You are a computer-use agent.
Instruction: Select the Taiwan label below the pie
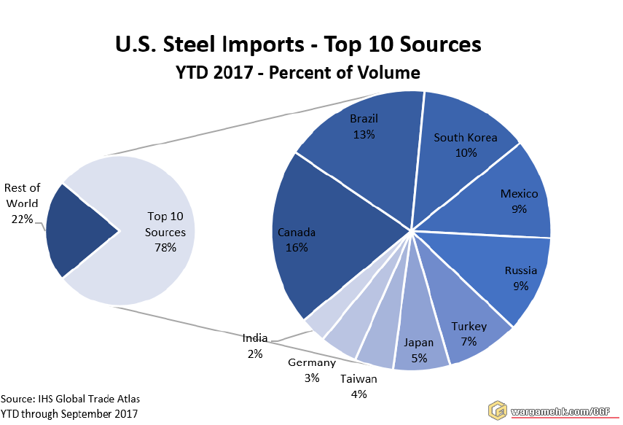click(x=358, y=379)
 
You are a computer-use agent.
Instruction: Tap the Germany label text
click(x=312, y=362)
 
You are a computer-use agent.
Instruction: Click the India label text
click(x=255, y=338)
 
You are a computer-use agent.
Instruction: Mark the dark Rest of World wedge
click(x=77, y=230)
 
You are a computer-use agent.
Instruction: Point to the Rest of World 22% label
click(x=22, y=203)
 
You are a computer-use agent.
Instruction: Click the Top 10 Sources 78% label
click(x=166, y=232)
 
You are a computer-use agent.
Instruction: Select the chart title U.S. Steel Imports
click(x=299, y=44)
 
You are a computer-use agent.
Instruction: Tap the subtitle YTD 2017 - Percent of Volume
click(x=298, y=72)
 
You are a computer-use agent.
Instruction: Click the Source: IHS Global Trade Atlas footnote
click(x=70, y=399)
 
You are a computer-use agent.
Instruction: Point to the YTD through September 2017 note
click(x=68, y=413)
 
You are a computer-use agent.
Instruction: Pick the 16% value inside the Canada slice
click(x=297, y=248)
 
